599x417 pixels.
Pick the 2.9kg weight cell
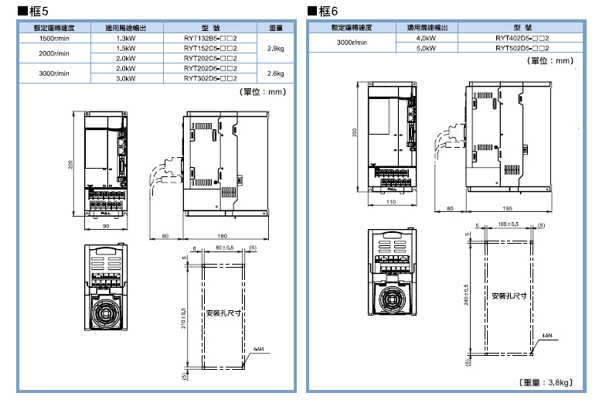click(x=274, y=48)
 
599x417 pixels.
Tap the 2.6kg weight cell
click(x=274, y=73)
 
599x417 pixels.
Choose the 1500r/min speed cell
click(x=54, y=38)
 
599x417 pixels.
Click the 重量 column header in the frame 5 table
click(x=274, y=28)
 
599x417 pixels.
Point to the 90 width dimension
click(x=106, y=226)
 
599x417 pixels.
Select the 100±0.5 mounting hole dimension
click(x=508, y=224)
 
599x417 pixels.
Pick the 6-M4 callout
click(x=259, y=349)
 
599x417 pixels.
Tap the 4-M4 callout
click(x=546, y=335)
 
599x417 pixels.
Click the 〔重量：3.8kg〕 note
click(x=545, y=382)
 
